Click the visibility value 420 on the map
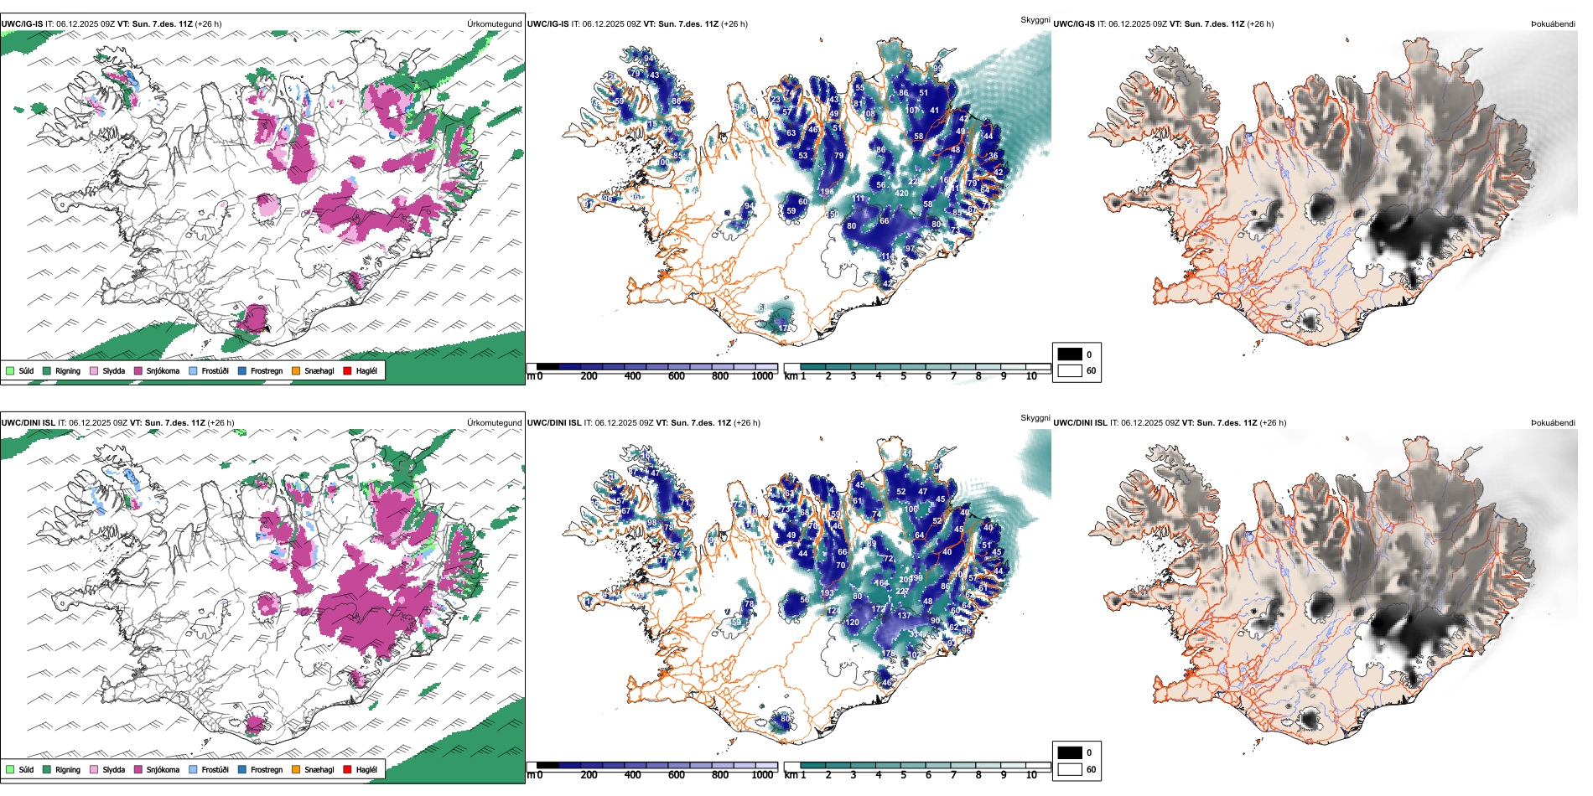902,194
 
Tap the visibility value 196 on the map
827,192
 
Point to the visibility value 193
827,593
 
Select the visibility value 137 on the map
904,616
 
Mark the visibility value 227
902,592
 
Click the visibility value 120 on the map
853,623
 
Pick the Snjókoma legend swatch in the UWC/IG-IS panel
138,370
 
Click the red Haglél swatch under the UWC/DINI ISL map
347,769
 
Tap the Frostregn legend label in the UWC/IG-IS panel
267,370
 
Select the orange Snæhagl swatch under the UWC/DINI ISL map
296,769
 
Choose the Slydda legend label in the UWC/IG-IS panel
113,370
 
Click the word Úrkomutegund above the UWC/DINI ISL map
494,423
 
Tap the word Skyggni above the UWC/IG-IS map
1035,19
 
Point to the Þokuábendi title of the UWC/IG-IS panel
1553,24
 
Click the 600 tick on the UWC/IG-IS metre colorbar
676,376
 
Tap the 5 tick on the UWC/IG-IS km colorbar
903,376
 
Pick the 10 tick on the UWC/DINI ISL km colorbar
1031,775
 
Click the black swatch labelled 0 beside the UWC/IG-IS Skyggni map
1070,354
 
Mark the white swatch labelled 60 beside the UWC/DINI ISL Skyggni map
1070,769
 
